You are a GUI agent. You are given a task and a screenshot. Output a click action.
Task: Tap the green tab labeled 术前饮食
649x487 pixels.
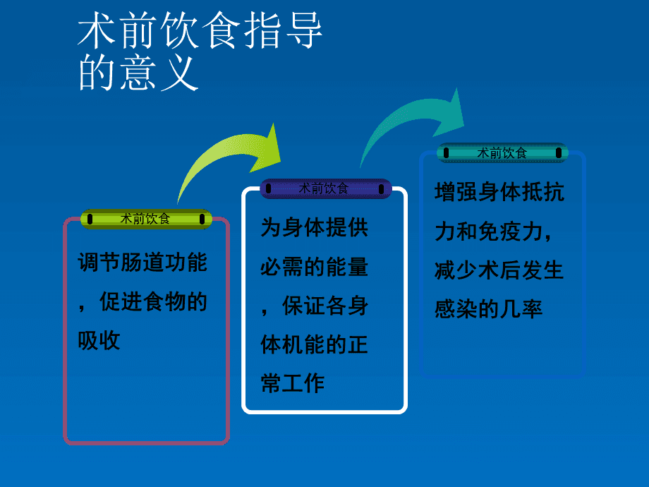click(146, 219)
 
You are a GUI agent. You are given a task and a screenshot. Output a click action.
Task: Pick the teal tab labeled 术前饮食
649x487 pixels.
click(502, 153)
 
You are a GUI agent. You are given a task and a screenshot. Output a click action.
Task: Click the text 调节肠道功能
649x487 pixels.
click(142, 263)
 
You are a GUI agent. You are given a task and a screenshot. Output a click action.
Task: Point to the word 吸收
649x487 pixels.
click(99, 341)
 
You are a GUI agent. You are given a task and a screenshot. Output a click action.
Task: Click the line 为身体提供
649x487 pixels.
click(314, 227)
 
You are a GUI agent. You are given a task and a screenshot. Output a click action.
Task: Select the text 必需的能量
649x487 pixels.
click(314, 267)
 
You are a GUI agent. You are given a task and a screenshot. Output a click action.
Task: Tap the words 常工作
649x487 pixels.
click(293, 383)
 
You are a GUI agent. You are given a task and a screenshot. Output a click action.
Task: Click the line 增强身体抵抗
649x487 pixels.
click(499, 192)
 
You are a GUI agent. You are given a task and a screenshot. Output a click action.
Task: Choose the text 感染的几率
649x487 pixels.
click(488, 309)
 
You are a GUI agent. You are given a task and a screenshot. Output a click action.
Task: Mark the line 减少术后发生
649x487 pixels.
click(499, 270)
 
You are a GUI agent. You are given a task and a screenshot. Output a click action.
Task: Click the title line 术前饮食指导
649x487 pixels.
click(200, 30)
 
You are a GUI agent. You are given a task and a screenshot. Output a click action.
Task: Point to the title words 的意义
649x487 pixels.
click(138, 73)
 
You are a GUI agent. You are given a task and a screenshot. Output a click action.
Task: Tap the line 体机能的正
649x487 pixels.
click(314, 344)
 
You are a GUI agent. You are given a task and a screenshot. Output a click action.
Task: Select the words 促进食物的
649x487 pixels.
click(153, 301)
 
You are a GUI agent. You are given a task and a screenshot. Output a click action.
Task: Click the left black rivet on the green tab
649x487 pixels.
click(90, 219)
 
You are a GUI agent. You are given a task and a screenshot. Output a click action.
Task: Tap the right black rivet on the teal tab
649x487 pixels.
click(559, 153)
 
